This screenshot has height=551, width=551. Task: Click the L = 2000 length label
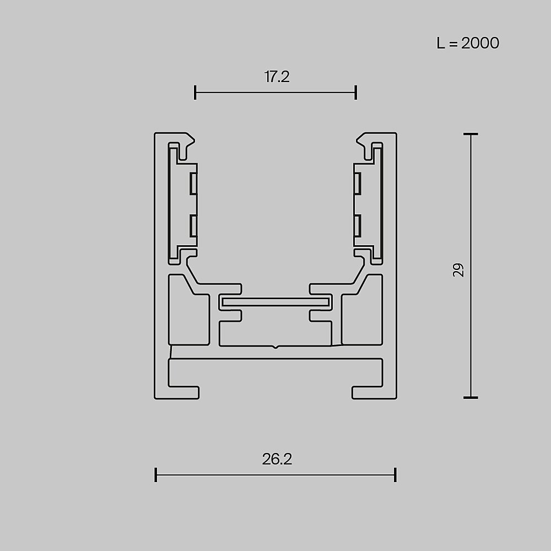[x=468, y=43]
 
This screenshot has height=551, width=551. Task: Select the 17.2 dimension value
[x=277, y=77]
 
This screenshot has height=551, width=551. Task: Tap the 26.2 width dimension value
[x=277, y=459]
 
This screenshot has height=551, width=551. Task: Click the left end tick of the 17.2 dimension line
[x=195, y=93]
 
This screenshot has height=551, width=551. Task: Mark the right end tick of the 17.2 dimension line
[x=356, y=93]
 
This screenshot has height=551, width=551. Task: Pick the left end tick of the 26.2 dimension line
[x=156, y=474]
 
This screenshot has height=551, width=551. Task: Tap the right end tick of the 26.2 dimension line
[x=395, y=474]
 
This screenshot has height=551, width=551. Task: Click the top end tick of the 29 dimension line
[x=470, y=134]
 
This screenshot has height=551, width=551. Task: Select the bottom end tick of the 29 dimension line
[x=470, y=397]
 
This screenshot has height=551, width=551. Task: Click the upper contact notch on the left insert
[x=193, y=183]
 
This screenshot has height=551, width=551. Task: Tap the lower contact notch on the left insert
[x=193, y=226]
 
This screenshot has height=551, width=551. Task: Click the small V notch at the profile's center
[x=275, y=348]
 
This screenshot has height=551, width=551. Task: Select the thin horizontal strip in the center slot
[x=275, y=302]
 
